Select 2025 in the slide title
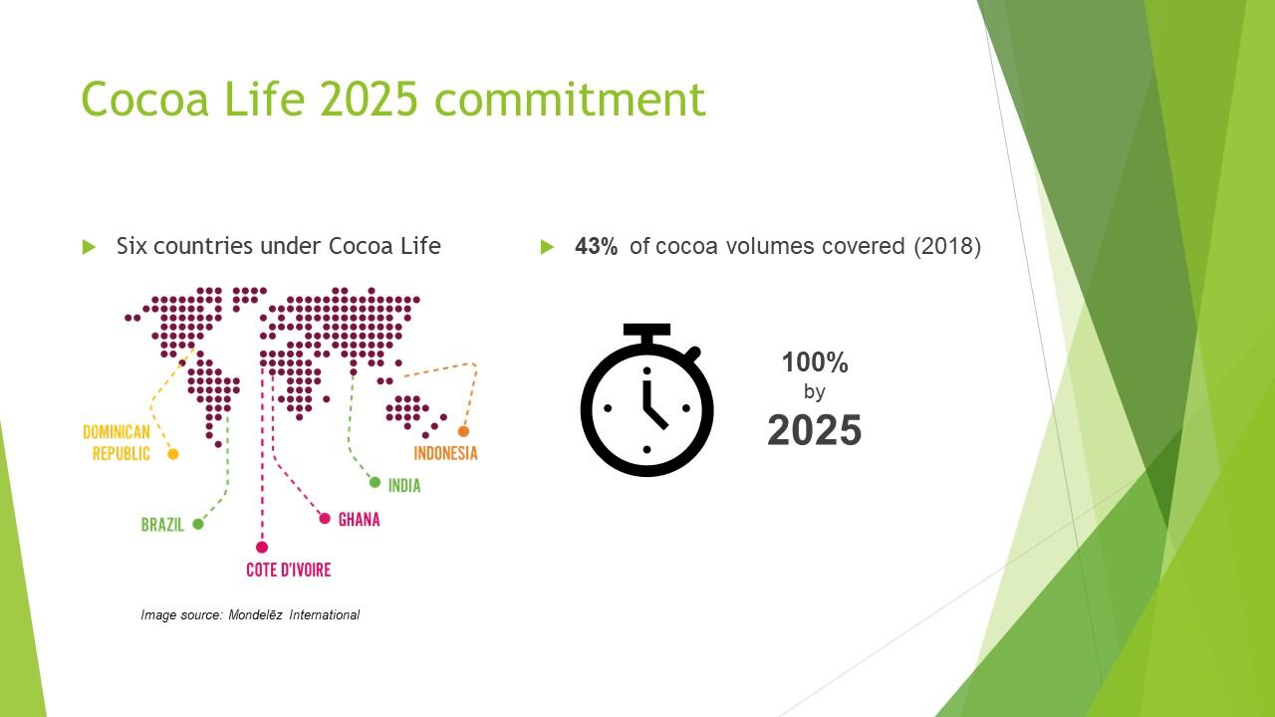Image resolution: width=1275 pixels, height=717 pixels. [369, 99]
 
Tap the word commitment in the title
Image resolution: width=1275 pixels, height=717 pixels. [570, 99]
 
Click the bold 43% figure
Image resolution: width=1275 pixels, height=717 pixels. [596, 246]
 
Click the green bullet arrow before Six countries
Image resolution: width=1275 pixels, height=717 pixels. [89, 247]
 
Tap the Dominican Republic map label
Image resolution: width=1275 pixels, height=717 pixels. [117, 443]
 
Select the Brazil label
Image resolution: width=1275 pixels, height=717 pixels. [162, 525]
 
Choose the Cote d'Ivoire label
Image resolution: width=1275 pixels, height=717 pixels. [289, 570]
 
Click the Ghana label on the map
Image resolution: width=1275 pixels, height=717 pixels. [360, 520]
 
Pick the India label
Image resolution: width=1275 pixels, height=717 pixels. [404, 485]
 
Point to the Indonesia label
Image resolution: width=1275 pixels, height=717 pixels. [445, 453]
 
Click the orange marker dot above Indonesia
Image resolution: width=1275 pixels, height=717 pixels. [463, 431]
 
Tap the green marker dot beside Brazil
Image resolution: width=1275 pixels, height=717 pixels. [198, 524]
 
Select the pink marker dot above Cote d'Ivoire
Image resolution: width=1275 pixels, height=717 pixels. [262, 547]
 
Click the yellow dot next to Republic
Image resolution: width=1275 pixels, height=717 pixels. [173, 454]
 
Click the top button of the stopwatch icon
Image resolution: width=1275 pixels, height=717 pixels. [646, 330]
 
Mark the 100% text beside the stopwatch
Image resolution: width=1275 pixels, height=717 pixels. [815, 362]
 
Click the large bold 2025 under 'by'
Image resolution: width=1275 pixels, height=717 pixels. [815, 429]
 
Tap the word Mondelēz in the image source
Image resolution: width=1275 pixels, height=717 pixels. [255, 615]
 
